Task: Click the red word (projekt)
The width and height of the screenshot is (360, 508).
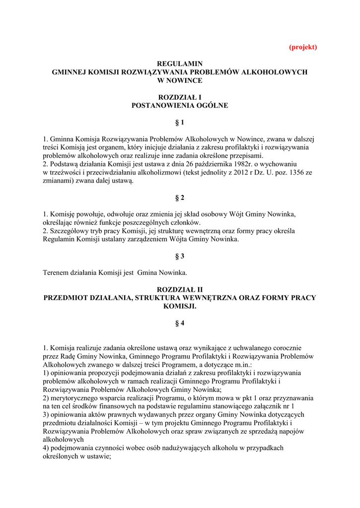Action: (x=303, y=47)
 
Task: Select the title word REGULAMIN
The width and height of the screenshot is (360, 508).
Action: (x=180, y=64)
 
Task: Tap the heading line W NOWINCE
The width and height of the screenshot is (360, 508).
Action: (x=180, y=80)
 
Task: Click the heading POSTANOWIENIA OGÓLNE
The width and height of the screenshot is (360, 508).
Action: (x=180, y=105)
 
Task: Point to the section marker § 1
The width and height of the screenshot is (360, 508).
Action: (x=180, y=123)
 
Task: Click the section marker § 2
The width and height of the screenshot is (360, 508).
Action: (x=180, y=197)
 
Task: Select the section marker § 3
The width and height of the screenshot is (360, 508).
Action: (x=180, y=256)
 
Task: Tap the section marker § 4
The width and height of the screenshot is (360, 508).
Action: (x=180, y=323)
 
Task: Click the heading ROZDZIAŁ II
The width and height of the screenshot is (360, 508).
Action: (x=180, y=289)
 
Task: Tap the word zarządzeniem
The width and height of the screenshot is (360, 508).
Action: (x=161, y=239)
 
